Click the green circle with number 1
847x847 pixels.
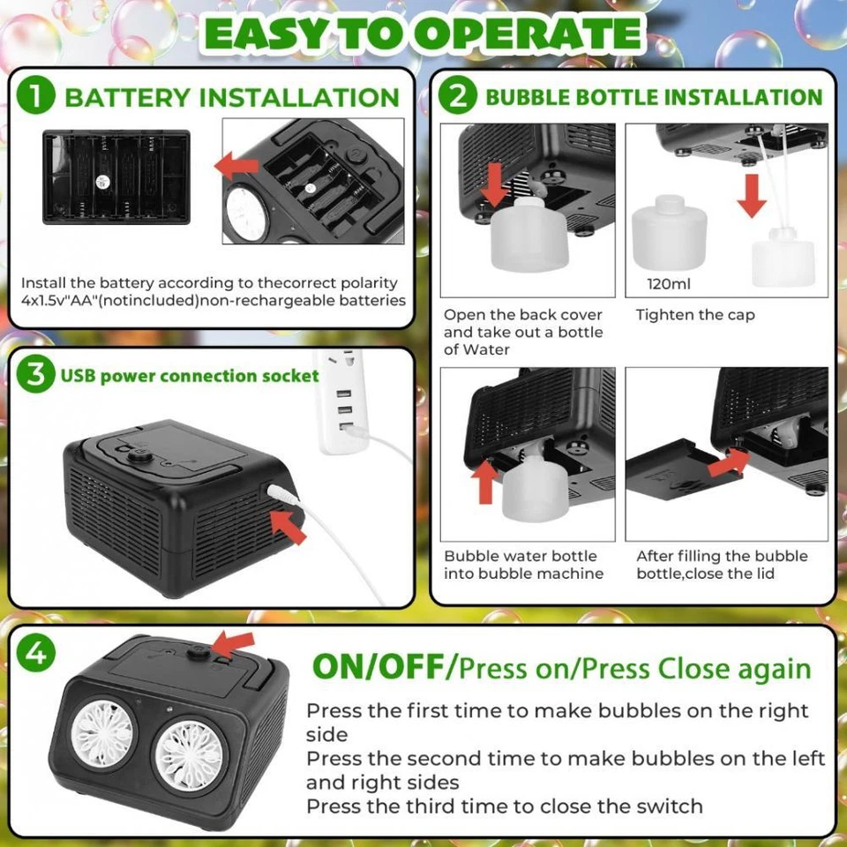point(36,96)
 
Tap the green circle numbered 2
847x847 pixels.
point(459,96)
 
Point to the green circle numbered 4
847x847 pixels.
point(36,654)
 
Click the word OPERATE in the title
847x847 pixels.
point(529,34)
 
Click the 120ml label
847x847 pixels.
point(669,285)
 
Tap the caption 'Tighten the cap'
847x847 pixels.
point(695,315)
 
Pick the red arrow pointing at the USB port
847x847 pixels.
point(288,526)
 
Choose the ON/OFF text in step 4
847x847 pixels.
point(378,667)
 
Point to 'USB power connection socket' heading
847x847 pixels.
point(190,376)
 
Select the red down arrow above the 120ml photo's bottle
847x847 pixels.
point(751,195)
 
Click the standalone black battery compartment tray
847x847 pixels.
point(116,177)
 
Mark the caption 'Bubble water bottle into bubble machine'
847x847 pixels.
point(523,565)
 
